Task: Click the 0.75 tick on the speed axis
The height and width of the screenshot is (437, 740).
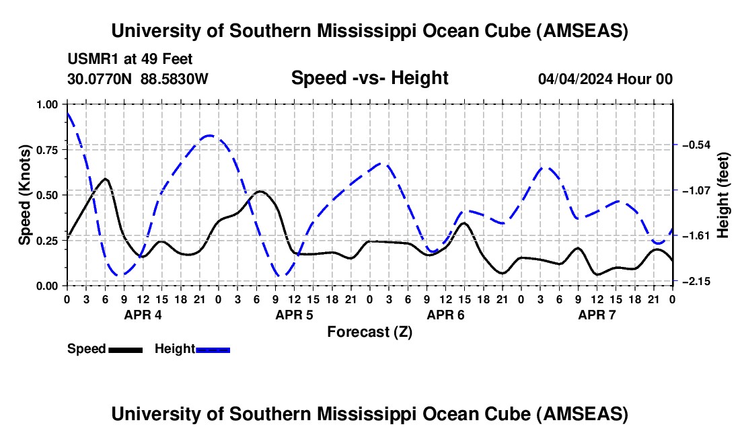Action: point(48,150)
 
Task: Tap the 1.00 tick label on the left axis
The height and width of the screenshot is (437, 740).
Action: point(48,104)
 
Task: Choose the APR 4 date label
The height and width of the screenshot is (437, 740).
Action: point(142,314)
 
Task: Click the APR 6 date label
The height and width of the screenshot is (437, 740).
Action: point(445,314)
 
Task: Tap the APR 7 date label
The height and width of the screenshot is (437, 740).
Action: point(597,314)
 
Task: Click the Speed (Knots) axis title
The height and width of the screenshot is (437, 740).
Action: point(24,195)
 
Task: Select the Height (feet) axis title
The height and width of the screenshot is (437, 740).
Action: point(723,195)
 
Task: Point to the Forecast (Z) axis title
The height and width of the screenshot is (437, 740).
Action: point(369,331)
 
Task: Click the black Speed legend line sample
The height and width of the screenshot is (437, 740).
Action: point(125,349)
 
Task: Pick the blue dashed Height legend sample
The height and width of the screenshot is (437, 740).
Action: point(213,349)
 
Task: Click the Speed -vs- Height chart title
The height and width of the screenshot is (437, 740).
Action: point(369,78)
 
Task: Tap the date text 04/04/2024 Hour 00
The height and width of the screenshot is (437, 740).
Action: point(605,79)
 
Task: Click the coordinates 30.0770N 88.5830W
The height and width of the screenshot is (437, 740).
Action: point(138,79)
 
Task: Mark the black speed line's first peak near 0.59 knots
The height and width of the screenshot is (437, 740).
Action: point(105,179)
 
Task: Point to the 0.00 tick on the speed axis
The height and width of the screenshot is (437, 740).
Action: point(48,286)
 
